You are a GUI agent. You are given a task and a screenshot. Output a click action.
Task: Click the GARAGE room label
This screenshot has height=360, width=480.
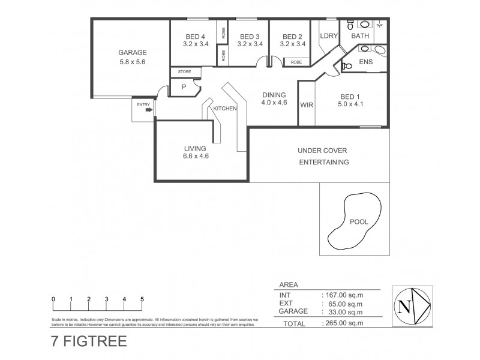point(132,52)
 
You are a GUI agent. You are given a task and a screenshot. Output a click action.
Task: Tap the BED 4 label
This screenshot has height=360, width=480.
point(196,35)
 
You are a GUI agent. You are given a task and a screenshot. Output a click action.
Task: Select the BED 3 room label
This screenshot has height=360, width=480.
point(248,35)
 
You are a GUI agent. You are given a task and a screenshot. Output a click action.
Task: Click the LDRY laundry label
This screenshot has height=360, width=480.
point(329,36)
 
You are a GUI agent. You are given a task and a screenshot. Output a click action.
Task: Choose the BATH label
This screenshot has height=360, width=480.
point(360,36)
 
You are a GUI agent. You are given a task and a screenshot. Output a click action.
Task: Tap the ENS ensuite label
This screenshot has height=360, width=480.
point(365,62)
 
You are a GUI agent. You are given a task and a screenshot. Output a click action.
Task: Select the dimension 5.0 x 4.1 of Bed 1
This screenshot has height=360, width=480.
point(351,104)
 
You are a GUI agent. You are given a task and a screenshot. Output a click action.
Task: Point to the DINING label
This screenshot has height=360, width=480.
point(274,95)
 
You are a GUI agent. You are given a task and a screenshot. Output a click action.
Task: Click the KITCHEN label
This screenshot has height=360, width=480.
point(225,109)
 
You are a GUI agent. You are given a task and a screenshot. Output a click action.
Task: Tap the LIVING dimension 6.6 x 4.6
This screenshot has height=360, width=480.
point(196,156)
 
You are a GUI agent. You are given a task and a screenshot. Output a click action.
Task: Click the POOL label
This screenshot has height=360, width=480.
point(359,222)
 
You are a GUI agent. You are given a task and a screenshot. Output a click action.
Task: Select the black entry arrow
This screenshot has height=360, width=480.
point(148,110)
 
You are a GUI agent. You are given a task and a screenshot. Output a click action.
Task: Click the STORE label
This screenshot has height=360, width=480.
point(184,72)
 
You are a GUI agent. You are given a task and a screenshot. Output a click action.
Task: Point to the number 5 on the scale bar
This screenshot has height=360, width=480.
point(142,299)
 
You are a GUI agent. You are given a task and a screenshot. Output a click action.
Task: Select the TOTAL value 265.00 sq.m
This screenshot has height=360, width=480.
point(343,323)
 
